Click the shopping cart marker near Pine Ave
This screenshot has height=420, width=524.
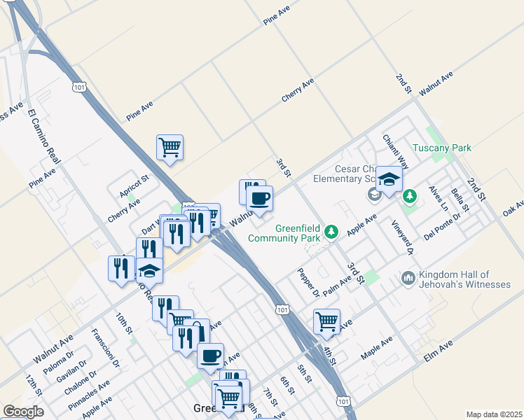170,148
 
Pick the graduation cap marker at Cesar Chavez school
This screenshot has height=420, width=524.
389,180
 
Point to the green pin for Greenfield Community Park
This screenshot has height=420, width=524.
333,232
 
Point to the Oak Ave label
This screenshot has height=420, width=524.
513,209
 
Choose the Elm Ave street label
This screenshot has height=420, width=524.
439,351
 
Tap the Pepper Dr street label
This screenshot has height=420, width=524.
308,282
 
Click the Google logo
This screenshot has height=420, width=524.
23,411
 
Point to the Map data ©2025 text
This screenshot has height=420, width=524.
494,414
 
